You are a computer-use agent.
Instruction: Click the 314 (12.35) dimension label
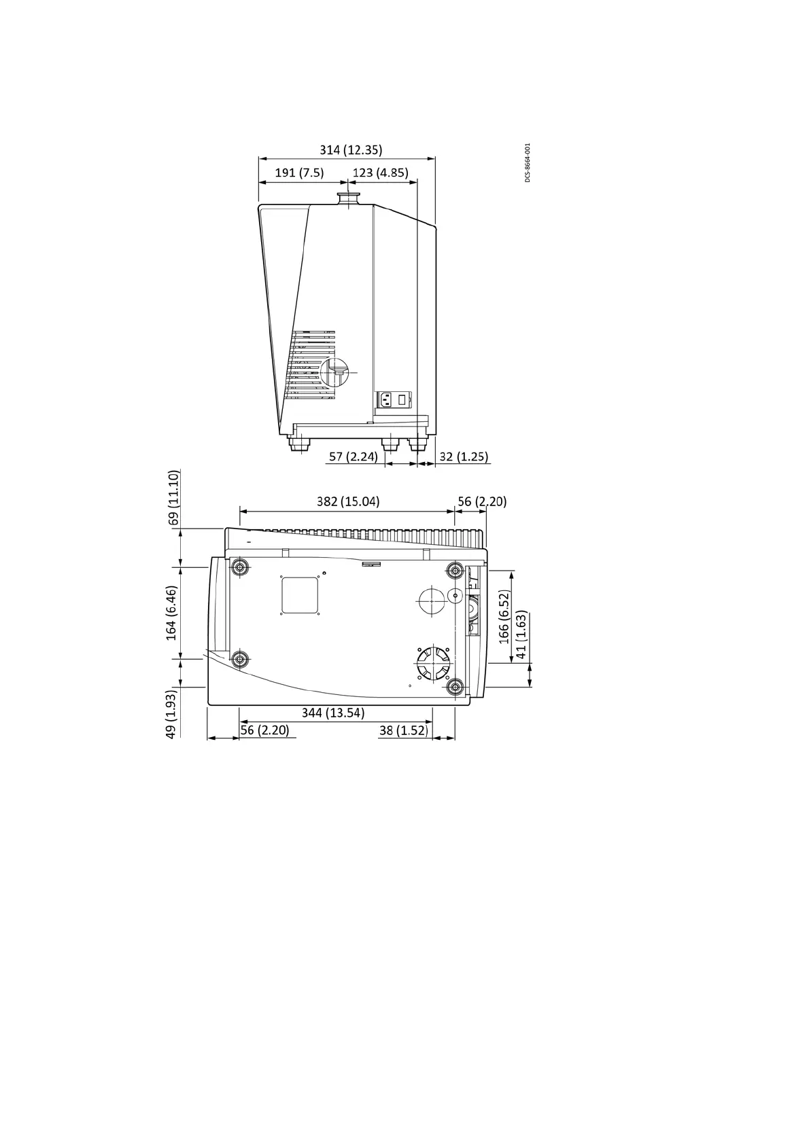pos(351,149)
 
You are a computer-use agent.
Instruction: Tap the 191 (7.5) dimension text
pos(299,173)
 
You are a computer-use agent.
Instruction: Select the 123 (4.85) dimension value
pos(380,173)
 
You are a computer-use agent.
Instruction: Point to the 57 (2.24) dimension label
pos(353,457)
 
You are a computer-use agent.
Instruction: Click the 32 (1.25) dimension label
pos(464,457)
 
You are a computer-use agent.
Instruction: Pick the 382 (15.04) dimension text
pos(348,501)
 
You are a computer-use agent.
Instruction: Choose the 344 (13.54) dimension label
pos(332,713)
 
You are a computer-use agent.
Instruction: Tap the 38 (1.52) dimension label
pos(403,730)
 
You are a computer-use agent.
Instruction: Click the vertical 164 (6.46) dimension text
pos(171,613)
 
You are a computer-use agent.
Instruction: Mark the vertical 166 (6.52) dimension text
pos(504,616)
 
